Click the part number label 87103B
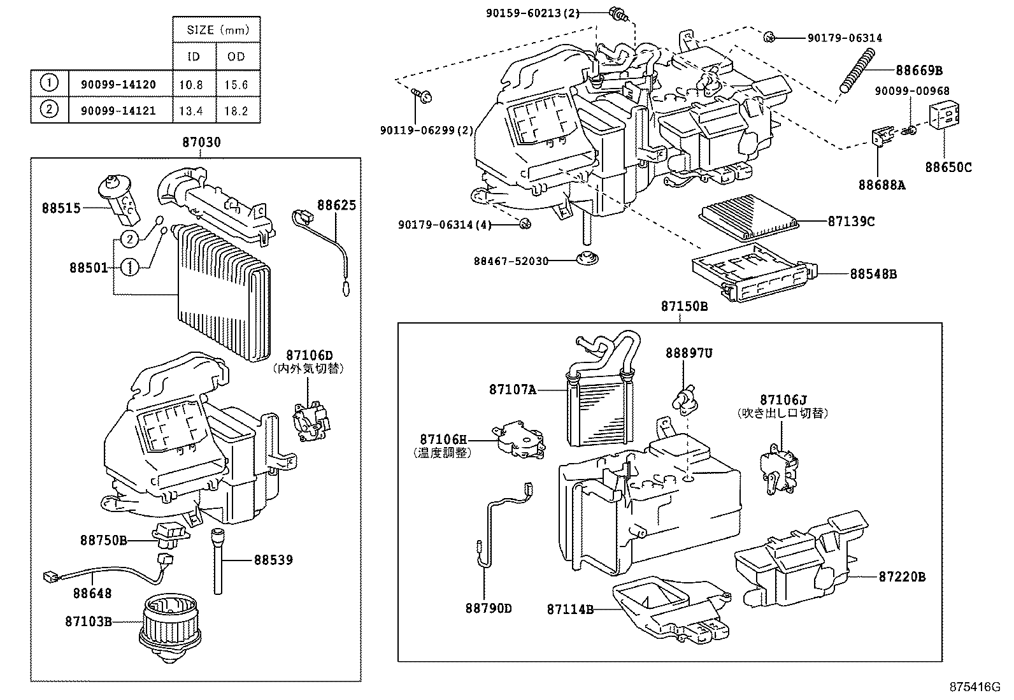click(x=88, y=620)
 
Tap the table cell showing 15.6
click(x=236, y=84)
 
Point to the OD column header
click(x=236, y=56)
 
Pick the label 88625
click(x=336, y=205)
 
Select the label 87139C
click(x=851, y=221)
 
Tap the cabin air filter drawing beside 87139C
click(x=748, y=215)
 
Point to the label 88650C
click(x=948, y=168)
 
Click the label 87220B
click(x=902, y=577)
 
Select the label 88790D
click(x=488, y=608)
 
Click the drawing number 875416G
click(x=975, y=687)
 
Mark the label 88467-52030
click(x=511, y=261)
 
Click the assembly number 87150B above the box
click(x=684, y=306)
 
